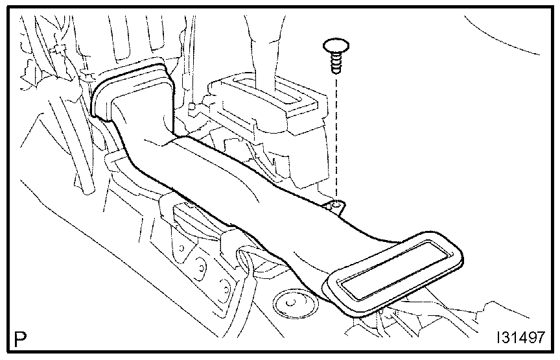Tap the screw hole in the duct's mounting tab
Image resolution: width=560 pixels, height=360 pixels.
tap(335, 207)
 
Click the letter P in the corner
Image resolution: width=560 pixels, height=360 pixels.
tap(21, 339)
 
